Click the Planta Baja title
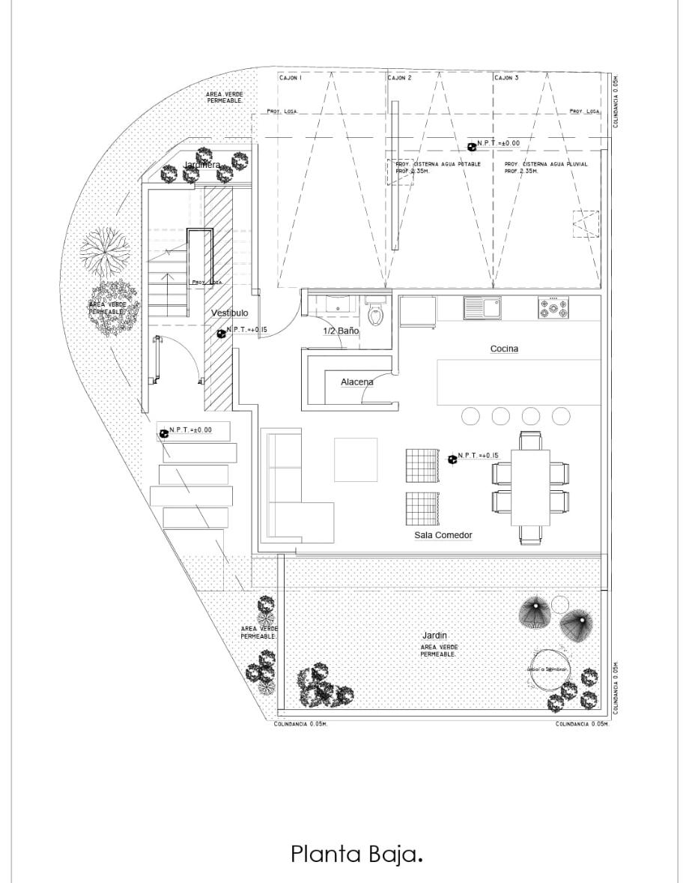click(356, 855)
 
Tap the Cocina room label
click(504, 349)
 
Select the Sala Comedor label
click(443, 535)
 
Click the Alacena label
click(357, 382)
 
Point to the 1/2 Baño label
click(341, 331)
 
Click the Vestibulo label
click(229, 313)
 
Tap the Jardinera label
click(202, 165)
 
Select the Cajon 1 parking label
click(291, 78)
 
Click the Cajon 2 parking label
click(400, 78)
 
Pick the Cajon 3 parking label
click(506, 78)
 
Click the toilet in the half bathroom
click(374, 311)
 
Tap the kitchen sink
click(482, 307)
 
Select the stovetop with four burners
click(553, 307)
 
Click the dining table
click(530, 488)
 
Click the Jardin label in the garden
click(435, 636)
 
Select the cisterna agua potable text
click(438, 167)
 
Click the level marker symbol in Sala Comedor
click(452, 459)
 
